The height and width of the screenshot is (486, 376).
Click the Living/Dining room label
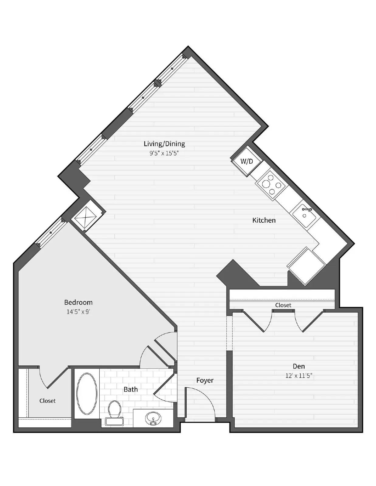pyautogui.click(x=164, y=144)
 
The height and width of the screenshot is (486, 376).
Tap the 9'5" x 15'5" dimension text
pyautogui.click(x=164, y=153)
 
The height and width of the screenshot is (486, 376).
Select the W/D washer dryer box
pyautogui.click(x=247, y=161)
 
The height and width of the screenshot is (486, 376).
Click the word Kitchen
pyautogui.click(x=264, y=220)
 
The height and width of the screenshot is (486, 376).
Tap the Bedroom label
pyautogui.click(x=78, y=302)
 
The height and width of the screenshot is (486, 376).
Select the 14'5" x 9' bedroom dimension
pyautogui.click(x=78, y=312)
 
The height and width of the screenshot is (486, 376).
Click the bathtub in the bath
pyautogui.click(x=87, y=393)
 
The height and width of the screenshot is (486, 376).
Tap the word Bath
pyautogui.click(x=130, y=389)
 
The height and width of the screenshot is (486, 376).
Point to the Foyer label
pyautogui.click(x=205, y=380)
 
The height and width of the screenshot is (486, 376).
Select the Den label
pyautogui.click(x=298, y=366)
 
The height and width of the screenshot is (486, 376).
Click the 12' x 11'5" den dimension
pyautogui.click(x=298, y=376)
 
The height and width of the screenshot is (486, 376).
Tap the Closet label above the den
pyautogui.click(x=283, y=305)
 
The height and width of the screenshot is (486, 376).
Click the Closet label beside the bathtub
pyautogui.click(x=47, y=401)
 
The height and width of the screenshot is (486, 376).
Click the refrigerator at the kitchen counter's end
pyautogui.click(x=306, y=266)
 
